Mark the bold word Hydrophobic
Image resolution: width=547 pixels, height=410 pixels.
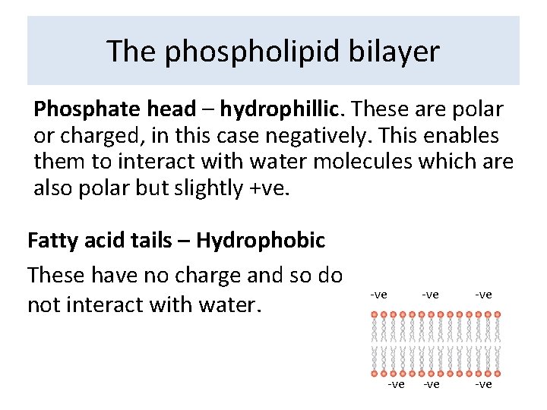tap(260, 241)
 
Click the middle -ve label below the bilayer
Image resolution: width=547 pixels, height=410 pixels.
tap(431, 384)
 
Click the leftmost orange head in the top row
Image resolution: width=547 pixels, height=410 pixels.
tap(375, 314)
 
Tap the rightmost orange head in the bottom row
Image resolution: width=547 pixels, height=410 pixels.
tap(498, 374)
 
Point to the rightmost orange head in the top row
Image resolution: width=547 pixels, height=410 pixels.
tap(498, 314)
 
